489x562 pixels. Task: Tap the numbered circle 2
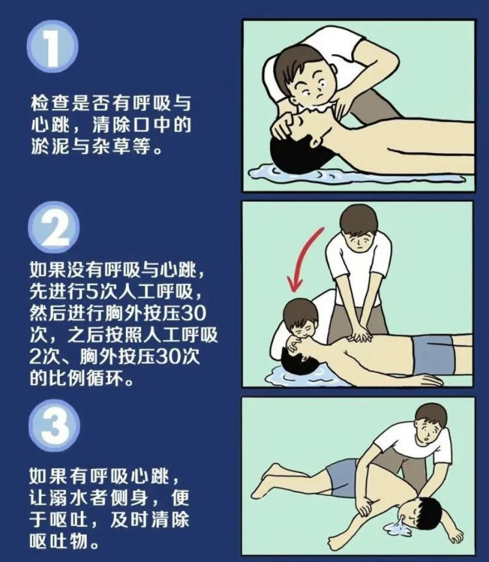(x=52, y=228)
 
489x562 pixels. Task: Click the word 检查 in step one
(x=46, y=103)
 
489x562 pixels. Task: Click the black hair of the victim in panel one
(x=297, y=153)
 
